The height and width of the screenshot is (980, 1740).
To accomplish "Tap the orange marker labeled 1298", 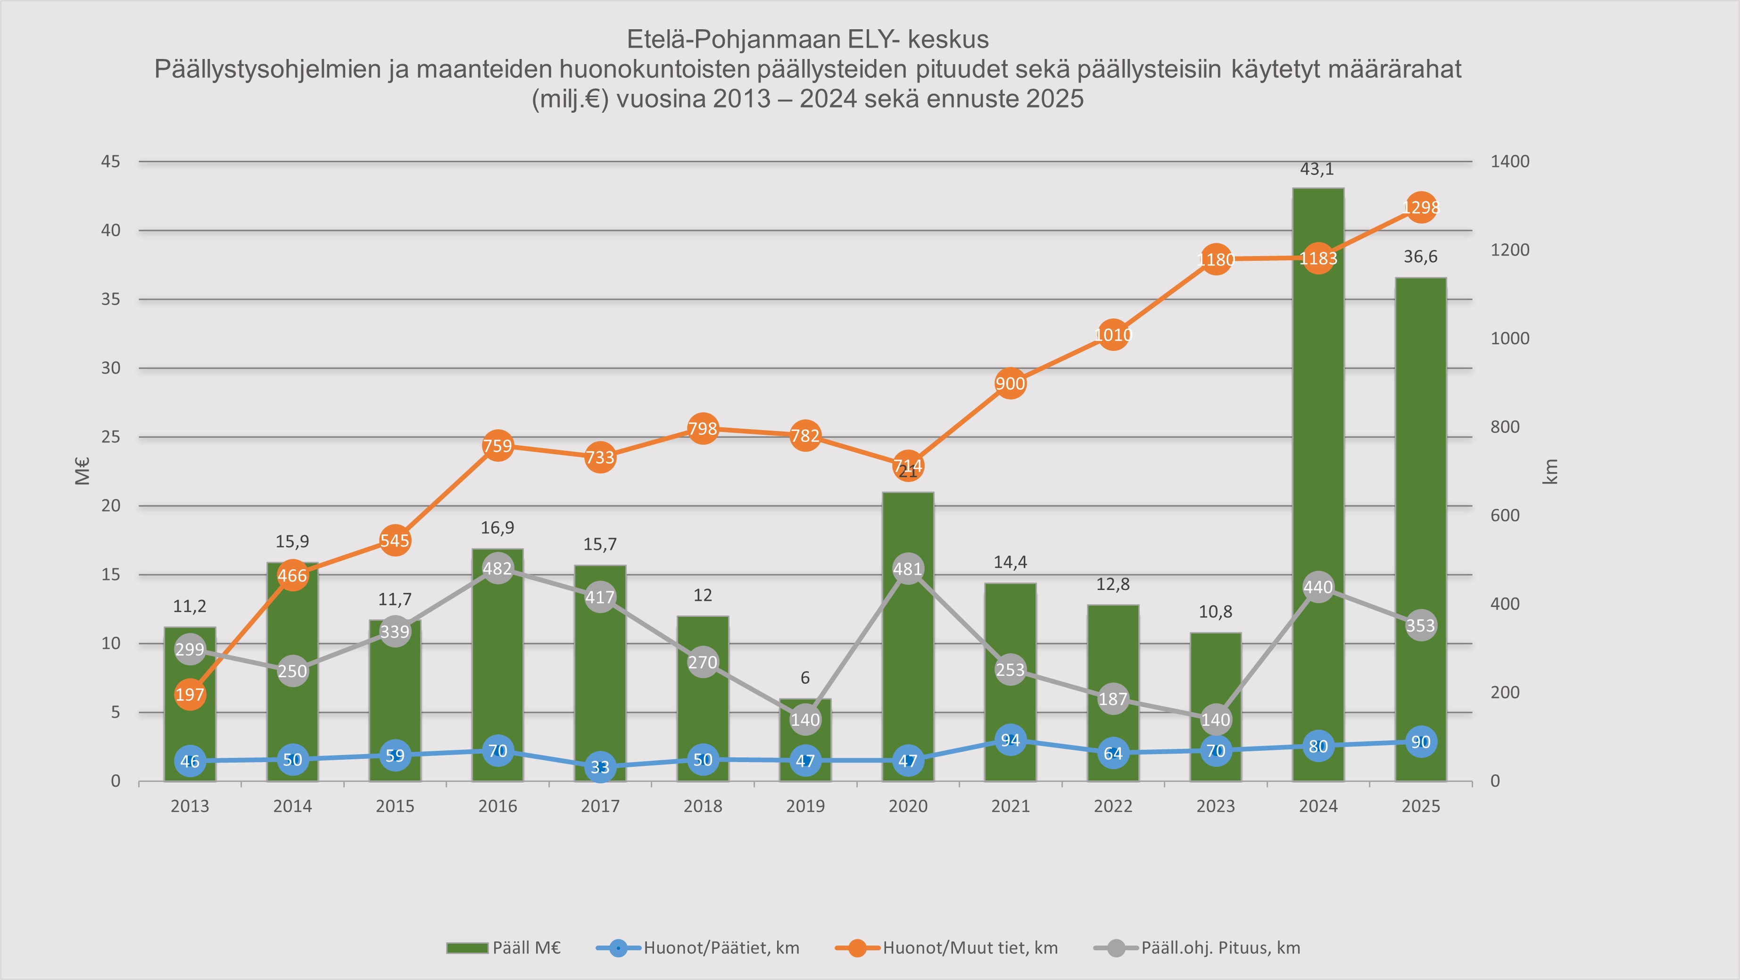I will pyautogui.click(x=1420, y=208).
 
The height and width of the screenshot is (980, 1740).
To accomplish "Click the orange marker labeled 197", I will pyautogui.click(x=190, y=694).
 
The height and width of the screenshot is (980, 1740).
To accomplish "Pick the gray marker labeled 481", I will pyautogui.click(x=908, y=569).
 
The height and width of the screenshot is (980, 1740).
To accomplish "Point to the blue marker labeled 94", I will pyautogui.click(x=1011, y=740).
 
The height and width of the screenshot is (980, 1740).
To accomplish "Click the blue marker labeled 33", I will pyautogui.click(x=600, y=766).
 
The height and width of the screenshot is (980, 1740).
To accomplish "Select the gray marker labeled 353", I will pyautogui.click(x=1420, y=625).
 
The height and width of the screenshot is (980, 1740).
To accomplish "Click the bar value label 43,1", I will pyautogui.click(x=1317, y=169).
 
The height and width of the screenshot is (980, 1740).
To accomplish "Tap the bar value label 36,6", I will pyautogui.click(x=1420, y=257).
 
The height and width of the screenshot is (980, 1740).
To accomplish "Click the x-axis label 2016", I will pyautogui.click(x=498, y=806).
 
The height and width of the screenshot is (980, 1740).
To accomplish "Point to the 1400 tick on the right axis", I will pyautogui.click(x=1510, y=161).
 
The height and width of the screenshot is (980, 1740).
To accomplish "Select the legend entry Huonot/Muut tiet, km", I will pyautogui.click(x=970, y=947).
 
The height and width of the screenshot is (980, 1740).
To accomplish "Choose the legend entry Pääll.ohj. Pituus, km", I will pyautogui.click(x=1220, y=947).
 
